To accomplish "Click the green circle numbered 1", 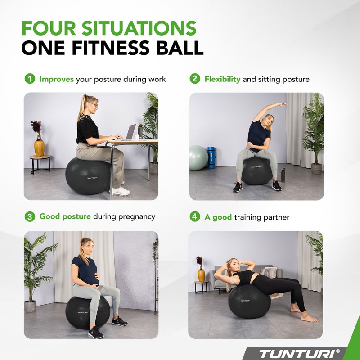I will pos(29,79).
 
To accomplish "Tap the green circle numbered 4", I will pos(194,217).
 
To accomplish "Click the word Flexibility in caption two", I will pos(222,79).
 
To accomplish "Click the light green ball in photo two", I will pos(198,157).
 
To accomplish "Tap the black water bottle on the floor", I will pos(283,175).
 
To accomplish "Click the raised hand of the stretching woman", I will pos(282,104).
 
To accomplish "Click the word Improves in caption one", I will pos(57,79).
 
